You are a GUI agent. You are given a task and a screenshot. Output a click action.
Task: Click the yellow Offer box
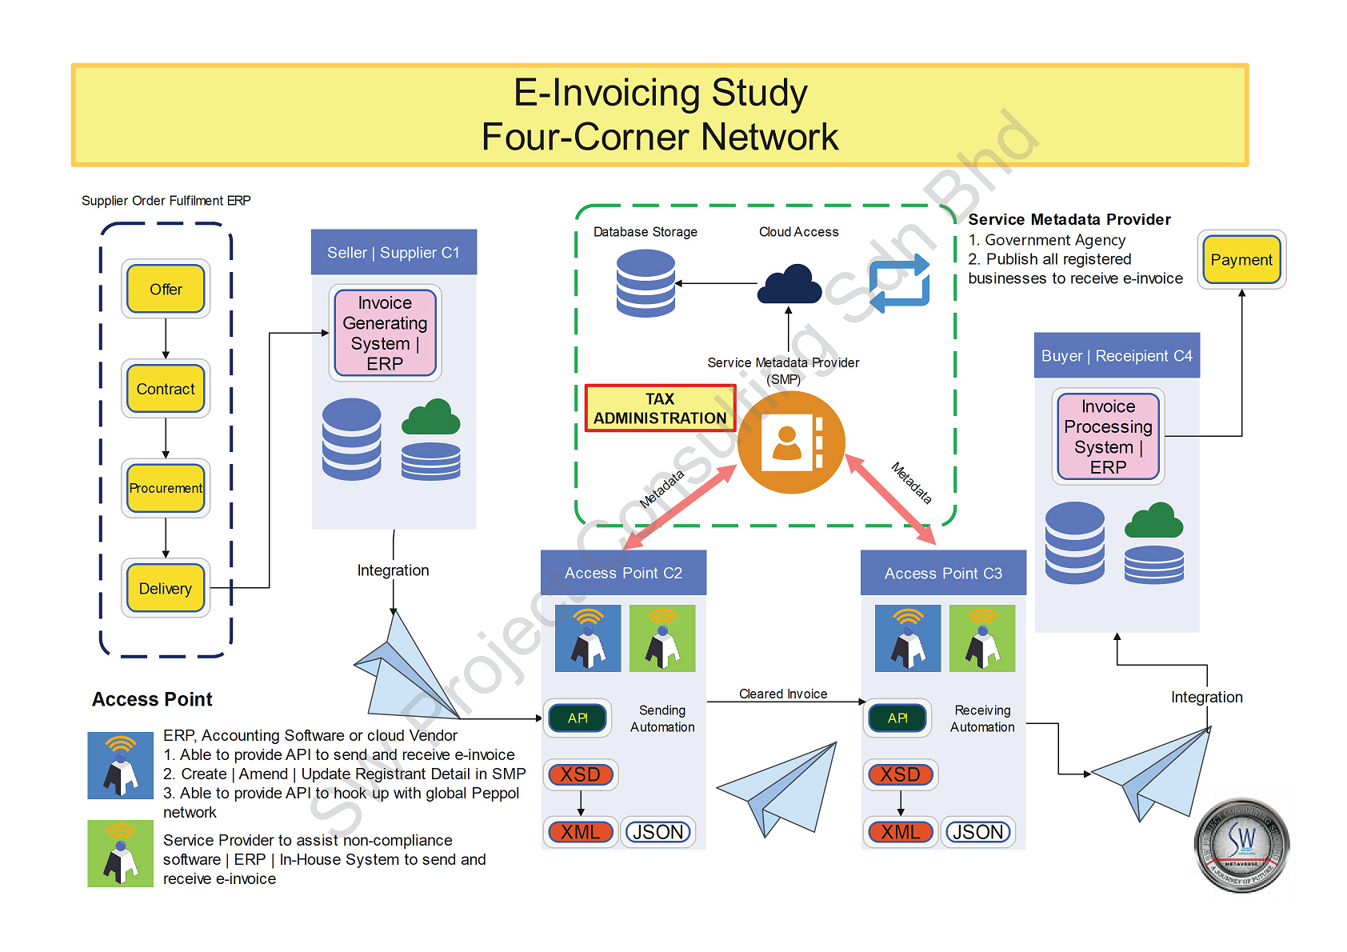[166, 289]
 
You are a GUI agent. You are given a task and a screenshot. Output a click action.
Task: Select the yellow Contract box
[166, 389]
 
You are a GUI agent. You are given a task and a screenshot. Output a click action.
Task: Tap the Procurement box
[166, 488]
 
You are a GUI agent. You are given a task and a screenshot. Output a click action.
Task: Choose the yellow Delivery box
[166, 588]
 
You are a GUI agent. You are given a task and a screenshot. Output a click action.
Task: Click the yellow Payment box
[1241, 259]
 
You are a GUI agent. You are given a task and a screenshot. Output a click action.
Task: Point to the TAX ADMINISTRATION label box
[660, 408]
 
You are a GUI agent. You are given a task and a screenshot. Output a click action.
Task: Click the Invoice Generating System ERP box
[385, 333]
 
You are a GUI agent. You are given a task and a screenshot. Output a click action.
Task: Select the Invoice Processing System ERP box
[1108, 436]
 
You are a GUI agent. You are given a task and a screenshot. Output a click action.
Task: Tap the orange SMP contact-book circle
[790, 442]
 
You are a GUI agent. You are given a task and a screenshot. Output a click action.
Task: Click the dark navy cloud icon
[789, 284]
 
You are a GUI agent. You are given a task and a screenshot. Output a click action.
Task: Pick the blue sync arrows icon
[900, 283]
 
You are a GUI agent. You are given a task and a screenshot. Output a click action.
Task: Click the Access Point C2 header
[623, 573]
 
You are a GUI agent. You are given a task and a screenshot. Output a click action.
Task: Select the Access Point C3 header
[943, 573]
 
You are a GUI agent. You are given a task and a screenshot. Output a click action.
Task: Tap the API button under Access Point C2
[578, 718]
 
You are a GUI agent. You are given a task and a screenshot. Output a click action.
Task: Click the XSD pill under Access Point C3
[901, 774]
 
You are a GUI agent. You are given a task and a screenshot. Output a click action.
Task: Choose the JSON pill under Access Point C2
[658, 832]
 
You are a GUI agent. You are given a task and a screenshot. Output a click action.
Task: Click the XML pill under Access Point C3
[901, 832]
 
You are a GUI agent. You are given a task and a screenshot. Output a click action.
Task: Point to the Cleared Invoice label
[783, 694]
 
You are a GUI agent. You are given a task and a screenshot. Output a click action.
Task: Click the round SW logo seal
[1241, 844]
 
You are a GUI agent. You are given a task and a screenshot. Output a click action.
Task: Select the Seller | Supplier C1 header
[394, 253]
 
